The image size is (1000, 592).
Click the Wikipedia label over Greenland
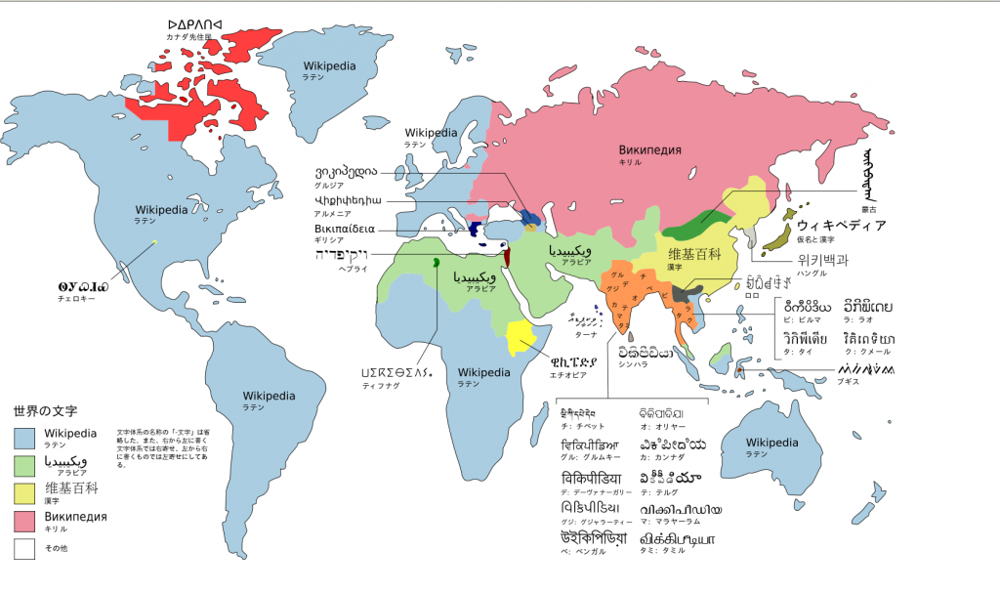click(x=329, y=66)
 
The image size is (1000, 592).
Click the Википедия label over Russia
click(x=649, y=149)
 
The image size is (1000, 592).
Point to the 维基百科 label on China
click(x=707, y=254)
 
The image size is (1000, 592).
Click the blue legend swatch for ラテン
click(x=25, y=437)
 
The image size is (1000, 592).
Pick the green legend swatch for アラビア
click(x=25, y=464)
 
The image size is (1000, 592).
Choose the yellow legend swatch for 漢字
click(x=25, y=491)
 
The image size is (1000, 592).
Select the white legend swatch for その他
click(x=25, y=548)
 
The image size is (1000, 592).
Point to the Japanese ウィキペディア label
click(x=841, y=226)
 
